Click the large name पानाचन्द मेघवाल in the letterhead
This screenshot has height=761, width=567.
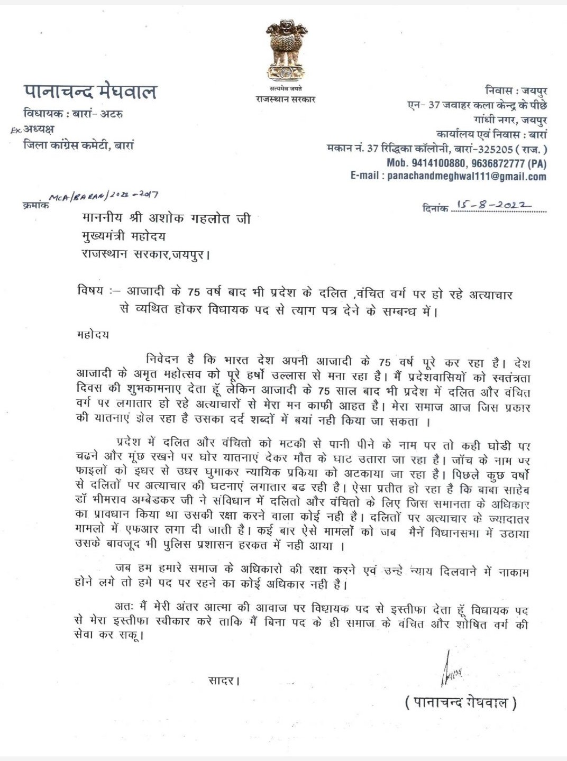[90, 91]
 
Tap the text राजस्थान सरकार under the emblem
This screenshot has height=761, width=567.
[285, 99]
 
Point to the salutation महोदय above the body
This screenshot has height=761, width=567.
[93, 334]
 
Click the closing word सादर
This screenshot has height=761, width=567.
[223, 681]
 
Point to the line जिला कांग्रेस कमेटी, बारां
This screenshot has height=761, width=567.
[79, 144]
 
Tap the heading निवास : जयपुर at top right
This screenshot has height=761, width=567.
[516, 91]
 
